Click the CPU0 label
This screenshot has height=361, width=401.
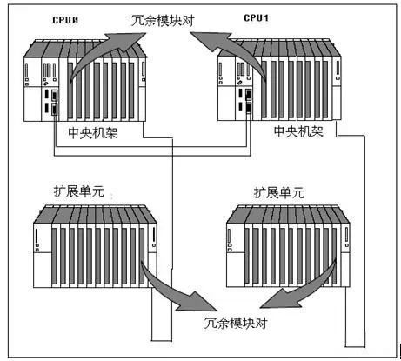pyautogui.click(x=65, y=20)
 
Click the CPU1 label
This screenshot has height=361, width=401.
pyautogui.click(x=256, y=18)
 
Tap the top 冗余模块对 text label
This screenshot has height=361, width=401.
pyautogui.click(x=163, y=21)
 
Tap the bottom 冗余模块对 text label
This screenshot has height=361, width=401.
pyautogui.click(x=236, y=323)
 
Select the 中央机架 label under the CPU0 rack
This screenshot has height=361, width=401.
pyautogui.click(x=93, y=132)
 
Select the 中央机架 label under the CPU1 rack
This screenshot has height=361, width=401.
pyautogui.click(x=298, y=131)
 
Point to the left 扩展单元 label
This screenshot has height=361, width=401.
pyautogui.click(x=79, y=191)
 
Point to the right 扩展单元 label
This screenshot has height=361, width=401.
pyautogui.click(x=279, y=192)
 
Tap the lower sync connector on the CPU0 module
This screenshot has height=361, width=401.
pyautogui.click(x=54, y=110)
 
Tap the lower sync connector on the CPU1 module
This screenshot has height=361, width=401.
pyautogui.click(x=249, y=108)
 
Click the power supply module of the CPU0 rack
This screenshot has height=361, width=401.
pyautogui.click(x=32, y=89)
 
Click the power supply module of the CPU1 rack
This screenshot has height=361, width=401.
pyautogui.click(x=226, y=88)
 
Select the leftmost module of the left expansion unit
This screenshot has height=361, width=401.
pyautogui.click(x=43, y=255)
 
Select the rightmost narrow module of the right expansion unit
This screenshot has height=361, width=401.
pyautogui.click(x=346, y=255)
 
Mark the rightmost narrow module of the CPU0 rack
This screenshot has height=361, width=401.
pyautogui.click(x=143, y=90)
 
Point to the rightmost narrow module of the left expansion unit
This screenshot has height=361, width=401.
pyautogui.click(x=153, y=255)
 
